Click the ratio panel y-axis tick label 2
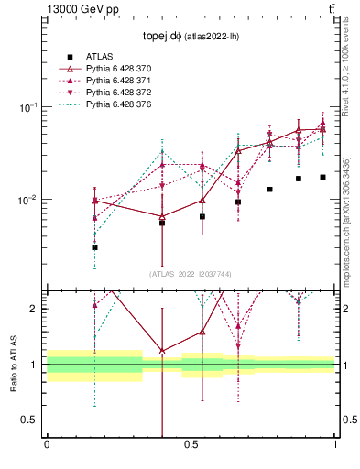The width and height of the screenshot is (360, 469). [x=36, y=309]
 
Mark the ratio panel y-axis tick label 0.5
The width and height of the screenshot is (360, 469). [x=32, y=420]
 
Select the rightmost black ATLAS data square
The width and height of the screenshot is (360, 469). [x=322, y=177]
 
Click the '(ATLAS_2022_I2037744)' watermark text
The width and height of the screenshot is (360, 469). [x=191, y=274]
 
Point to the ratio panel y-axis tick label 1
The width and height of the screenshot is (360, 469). [x=36, y=365]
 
